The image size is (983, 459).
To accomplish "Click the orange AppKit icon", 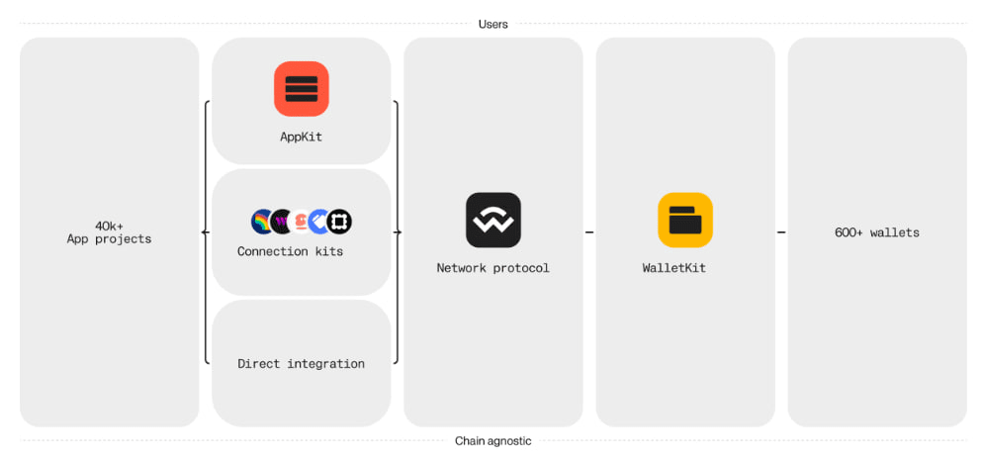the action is click(x=301, y=89).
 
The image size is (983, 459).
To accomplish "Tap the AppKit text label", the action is click(x=301, y=137).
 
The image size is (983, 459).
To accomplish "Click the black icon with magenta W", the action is click(x=282, y=222).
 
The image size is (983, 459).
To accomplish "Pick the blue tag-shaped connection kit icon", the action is click(x=319, y=222).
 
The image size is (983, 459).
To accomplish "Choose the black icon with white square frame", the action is click(x=339, y=222).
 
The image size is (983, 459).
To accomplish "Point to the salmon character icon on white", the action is click(x=301, y=222).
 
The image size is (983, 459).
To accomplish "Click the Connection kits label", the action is click(x=291, y=252).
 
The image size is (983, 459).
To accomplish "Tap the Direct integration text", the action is click(x=301, y=364).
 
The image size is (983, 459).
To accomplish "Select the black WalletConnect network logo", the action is click(x=492, y=220).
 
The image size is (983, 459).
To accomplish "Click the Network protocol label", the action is click(x=492, y=268).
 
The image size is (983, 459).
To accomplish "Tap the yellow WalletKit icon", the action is click(x=685, y=220).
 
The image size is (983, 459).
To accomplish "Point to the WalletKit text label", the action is click(x=673, y=268).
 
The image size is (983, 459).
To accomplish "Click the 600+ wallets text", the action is click(x=877, y=232).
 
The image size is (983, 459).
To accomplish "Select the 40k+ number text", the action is click(x=109, y=227).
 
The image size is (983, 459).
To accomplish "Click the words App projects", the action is click(x=109, y=239).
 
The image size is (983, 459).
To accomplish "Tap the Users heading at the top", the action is click(x=492, y=25).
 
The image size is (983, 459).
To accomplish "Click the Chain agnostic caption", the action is click(x=492, y=441).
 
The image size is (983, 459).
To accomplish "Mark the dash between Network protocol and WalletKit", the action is click(x=589, y=232).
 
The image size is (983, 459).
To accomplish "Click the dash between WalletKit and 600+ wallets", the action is click(x=781, y=232).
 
